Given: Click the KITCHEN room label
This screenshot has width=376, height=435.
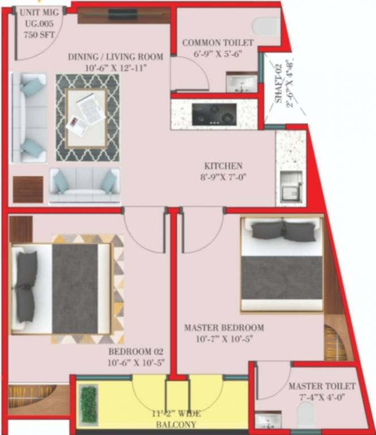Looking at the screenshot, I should pyautogui.click(x=224, y=166).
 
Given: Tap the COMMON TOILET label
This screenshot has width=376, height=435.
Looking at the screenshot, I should pyautogui.click(x=218, y=43).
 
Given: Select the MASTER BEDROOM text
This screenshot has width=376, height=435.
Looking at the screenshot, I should pyautogui.click(x=224, y=328).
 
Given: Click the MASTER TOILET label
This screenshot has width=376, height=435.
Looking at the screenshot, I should pyautogui.click(x=322, y=386).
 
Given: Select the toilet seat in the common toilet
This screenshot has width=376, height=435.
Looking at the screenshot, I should pyautogui.click(x=266, y=25).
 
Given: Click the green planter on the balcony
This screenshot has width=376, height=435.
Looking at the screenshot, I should pyautogui.click(x=87, y=403).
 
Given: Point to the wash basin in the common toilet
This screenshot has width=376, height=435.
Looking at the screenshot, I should pyautogui.click(x=241, y=83).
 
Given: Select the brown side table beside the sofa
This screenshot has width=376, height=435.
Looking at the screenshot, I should pyautogui.click(x=28, y=189).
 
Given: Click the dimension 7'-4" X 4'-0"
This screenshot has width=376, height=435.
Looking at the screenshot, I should pyautogui.click(x=322, y=396).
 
